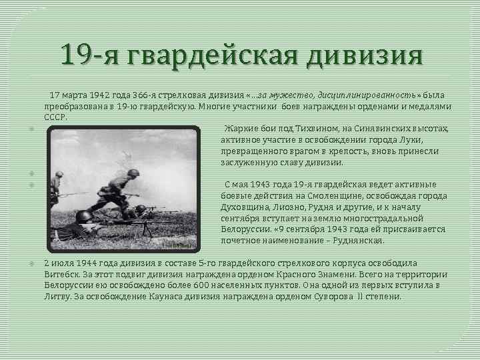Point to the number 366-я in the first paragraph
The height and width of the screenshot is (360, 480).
(148, 96)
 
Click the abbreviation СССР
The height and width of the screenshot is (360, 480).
(55, 116)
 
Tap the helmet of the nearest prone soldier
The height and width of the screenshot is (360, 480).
(85, 215)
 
